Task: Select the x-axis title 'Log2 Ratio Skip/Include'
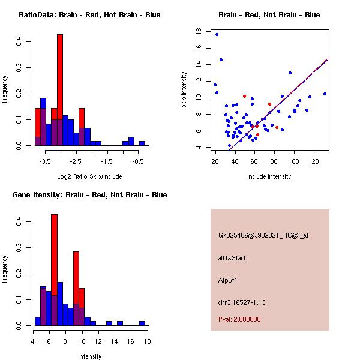click(89, 176)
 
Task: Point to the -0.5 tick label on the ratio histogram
click(137, 161)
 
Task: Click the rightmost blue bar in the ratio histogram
click(142, 143)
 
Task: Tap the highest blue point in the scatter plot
click(217, 34)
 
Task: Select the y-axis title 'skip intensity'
click(184, 89)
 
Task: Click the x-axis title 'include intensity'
click(269, 176)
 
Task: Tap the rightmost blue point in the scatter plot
click(325, 94)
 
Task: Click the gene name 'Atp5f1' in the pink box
click(228, 280)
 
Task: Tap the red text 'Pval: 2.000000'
click(239, 319)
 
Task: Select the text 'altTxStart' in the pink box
click(232, 258)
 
